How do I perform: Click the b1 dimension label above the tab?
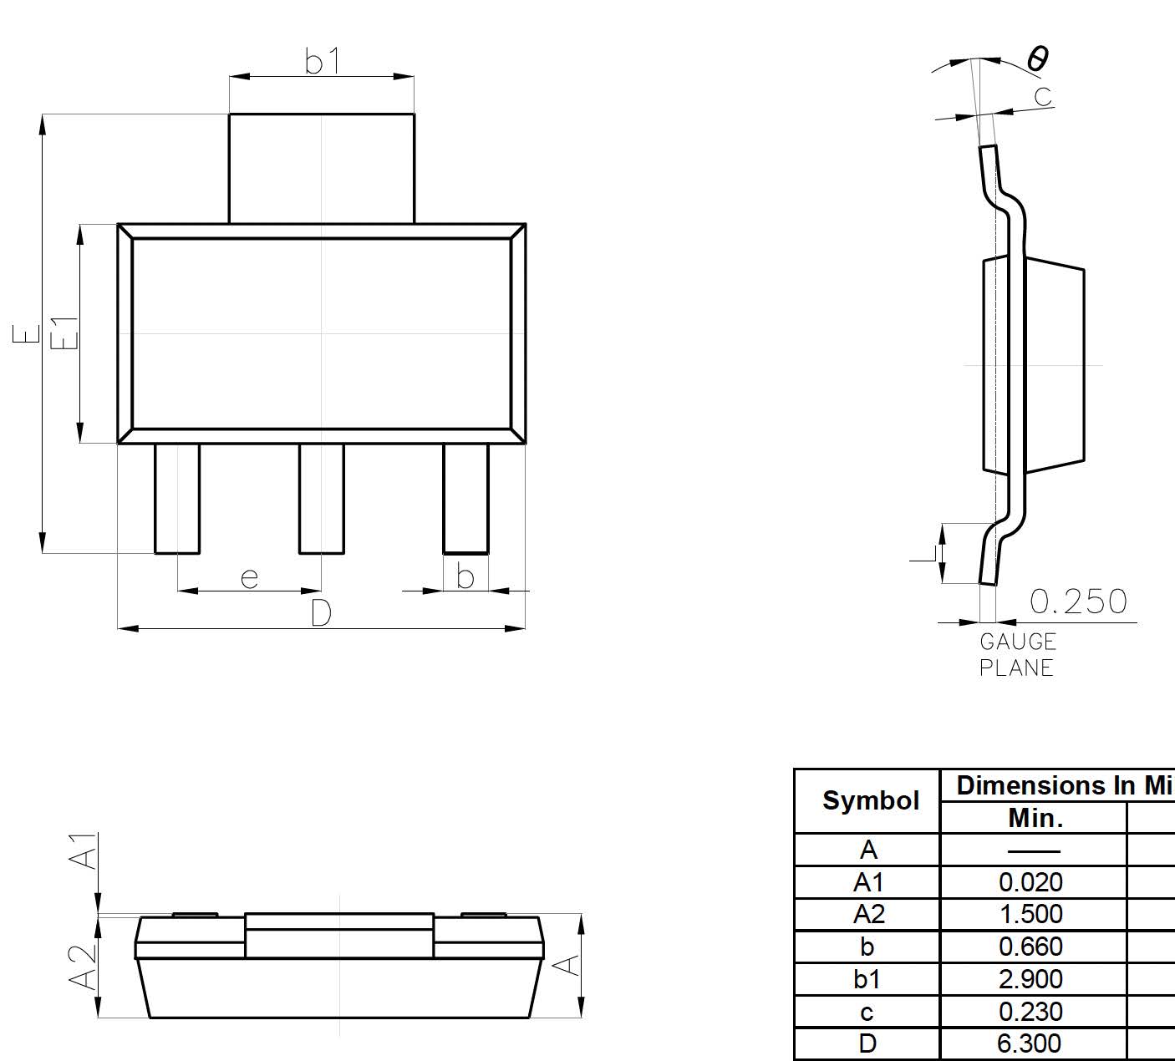(x=323, y=61)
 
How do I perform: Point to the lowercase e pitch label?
(x=249, y=577)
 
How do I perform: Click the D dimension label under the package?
(x=321, y=613)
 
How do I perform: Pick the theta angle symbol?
(x=1038, y=58)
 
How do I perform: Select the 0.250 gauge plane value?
(x=1078, y=602)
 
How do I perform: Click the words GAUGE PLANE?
(x=1017, y=655)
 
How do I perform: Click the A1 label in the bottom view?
(x=84, y=850)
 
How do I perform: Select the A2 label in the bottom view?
(x=84, y=967)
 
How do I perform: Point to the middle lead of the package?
(x=322, y=498)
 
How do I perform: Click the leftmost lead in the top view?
(x=177, y=498)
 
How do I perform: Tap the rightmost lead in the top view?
(x=465, y=498)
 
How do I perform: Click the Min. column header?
(x=1035, y=818)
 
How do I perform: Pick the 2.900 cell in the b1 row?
(x=1030, y=979)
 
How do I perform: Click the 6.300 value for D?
(x=1030, y=1043)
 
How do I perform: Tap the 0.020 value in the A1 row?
(x=1030, y=882)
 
